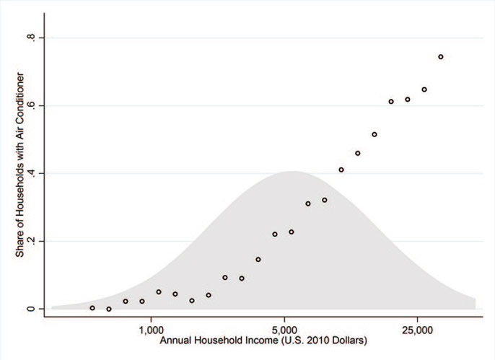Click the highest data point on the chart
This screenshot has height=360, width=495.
pyautogui.click(x=440, y=56)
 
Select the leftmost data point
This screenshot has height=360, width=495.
pyautogui.click(x=92, y=308)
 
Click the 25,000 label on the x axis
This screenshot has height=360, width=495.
pyautogui.click(x=419, y=328)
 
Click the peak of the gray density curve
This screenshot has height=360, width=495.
pyautogui.click(x=292, y=172)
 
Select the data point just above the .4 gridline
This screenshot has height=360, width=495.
pyautogui.click(x=341, y=170)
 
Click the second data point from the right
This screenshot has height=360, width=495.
pyautogui.click(x=424, y=89)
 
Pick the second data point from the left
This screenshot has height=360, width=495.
pyautogui.click(x=109, y=309)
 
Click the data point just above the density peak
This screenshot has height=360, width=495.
pyautogui.click(x=292, y=232)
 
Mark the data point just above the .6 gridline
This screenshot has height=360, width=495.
pyautogui.click(x=391, y=102)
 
